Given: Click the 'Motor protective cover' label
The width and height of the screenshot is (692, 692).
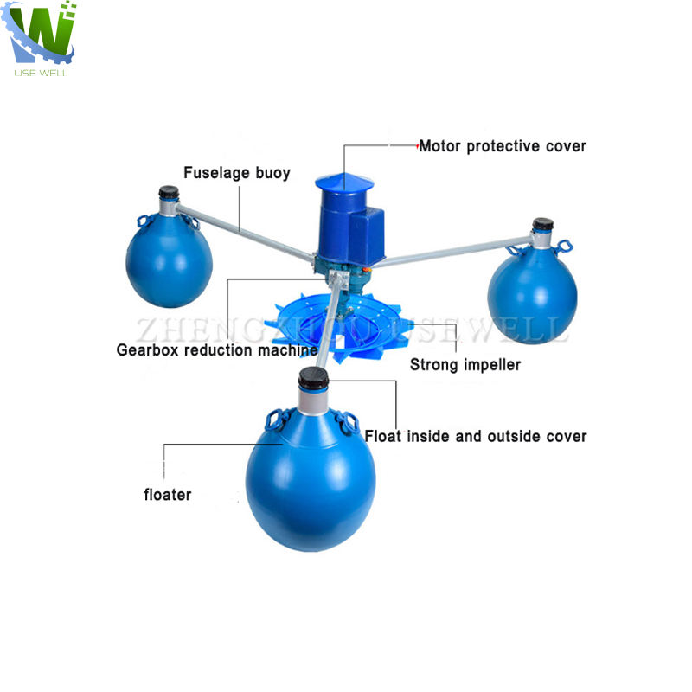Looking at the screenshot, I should (x=503, y=146).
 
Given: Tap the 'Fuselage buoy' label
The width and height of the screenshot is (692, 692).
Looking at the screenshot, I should (x=237, y=173).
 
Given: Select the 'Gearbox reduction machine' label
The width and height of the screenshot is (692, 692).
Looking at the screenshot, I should (x=217, y=350).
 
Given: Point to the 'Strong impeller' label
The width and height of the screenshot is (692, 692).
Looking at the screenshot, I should (x=465, y=365).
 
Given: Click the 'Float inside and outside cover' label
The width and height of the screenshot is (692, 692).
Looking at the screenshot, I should (x=476, y=436).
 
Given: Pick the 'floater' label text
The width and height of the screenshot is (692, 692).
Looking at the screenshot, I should (x=167, y=495).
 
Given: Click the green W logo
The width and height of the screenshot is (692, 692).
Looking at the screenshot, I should (x=42, y=33).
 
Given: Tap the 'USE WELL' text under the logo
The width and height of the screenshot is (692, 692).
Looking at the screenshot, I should (x=41, y=72).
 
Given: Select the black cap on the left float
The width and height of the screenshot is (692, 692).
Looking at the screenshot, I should (x=169, y=193).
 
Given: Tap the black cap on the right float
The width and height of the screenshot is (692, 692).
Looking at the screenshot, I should (x=542, y=225).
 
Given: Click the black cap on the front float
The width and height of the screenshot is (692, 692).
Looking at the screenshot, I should (x=312, y=377).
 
